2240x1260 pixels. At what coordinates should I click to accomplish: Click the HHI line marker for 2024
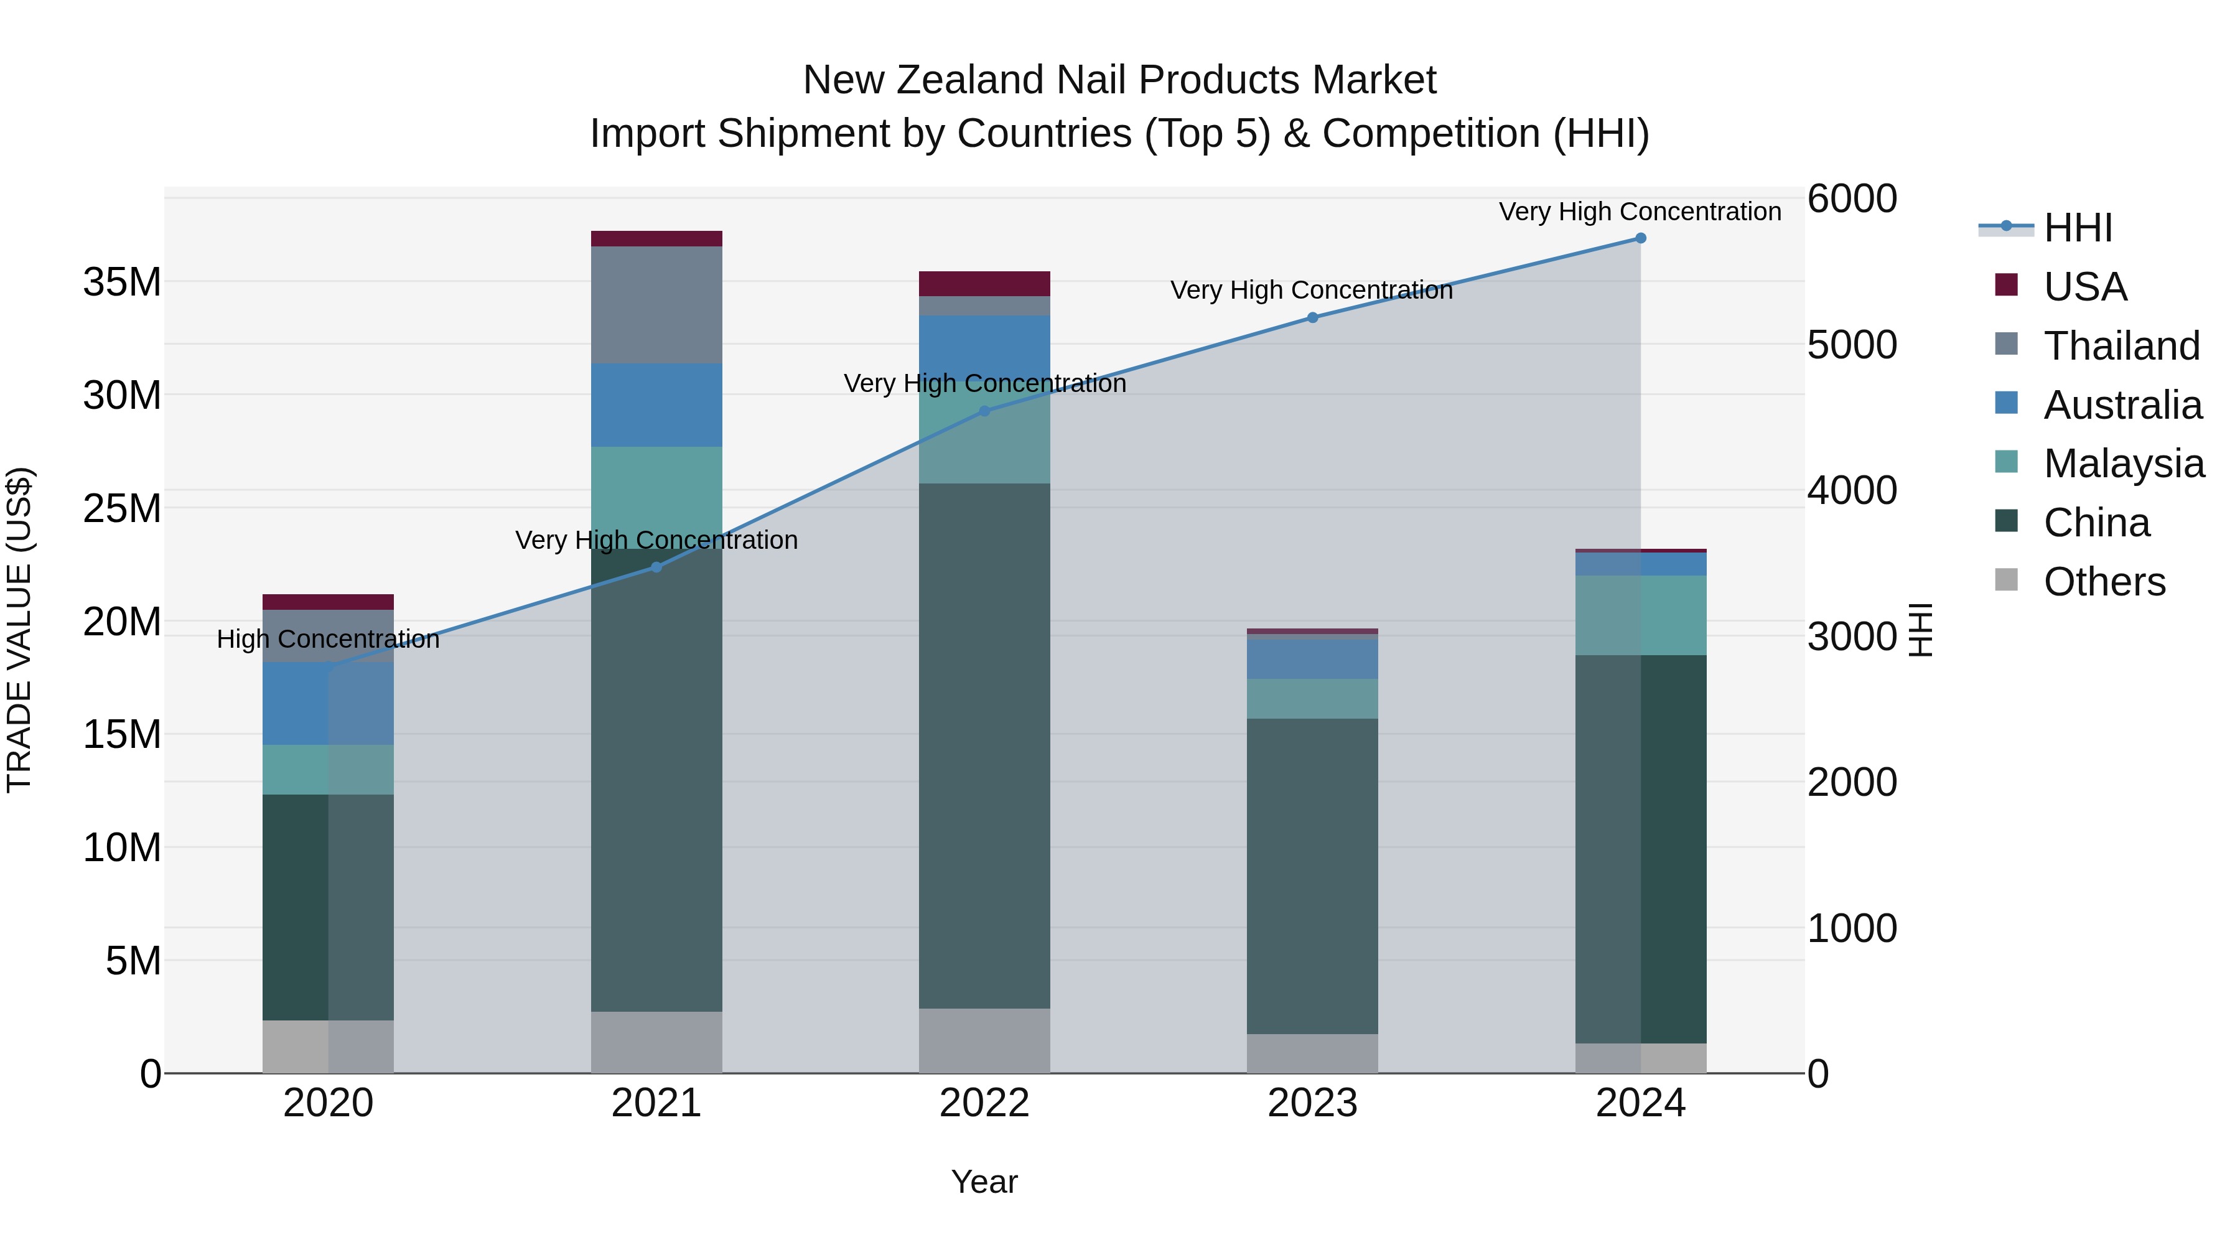1640,238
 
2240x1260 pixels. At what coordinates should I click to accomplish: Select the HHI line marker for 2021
656,567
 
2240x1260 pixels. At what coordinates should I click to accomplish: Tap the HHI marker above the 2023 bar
1312,317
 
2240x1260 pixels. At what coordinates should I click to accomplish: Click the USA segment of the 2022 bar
984,284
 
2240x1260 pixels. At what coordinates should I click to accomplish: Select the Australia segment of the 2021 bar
656,404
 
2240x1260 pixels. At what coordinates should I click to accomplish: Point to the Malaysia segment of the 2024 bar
1640,615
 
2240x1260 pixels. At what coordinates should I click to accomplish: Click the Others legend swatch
2006,580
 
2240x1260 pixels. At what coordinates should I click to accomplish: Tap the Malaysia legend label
2124,464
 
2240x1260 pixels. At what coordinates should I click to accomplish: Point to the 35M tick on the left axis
122,282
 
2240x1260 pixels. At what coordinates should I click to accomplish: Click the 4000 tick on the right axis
1851,490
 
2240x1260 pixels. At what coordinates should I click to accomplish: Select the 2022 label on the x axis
984,1103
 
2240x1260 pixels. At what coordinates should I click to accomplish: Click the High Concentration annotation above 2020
328,639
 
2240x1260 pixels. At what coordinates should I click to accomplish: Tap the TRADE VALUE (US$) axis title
19,630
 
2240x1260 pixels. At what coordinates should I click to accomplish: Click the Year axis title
984,1182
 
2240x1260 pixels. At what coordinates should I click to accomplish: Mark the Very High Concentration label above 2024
1640,212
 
